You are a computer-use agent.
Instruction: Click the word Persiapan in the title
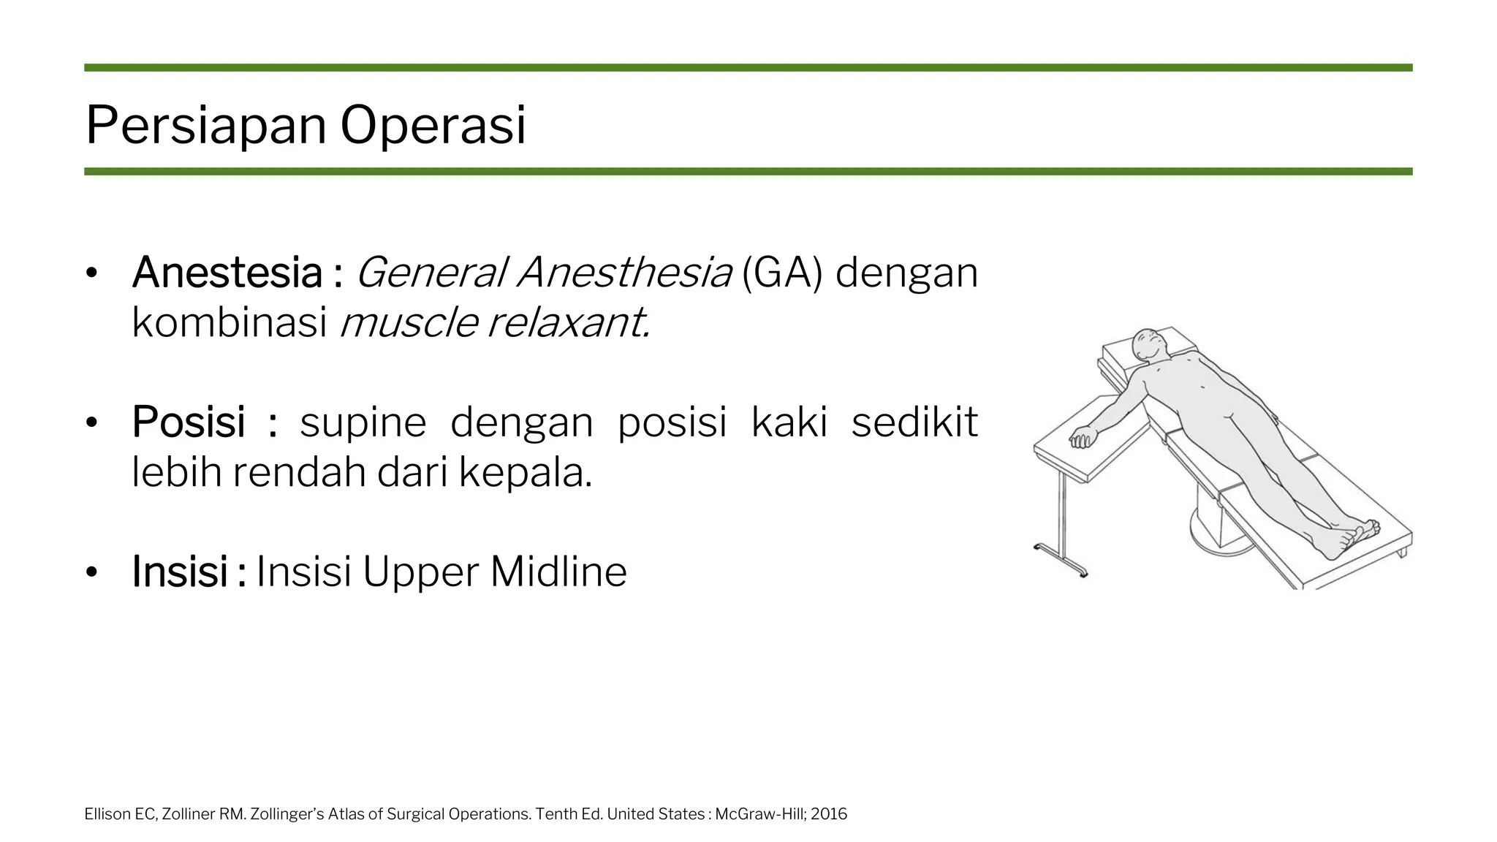[x=207, y=126]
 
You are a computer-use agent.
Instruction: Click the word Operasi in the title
[x=433, y=126]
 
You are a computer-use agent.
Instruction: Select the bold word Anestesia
[x=227, y=273]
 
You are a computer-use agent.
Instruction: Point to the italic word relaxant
[x=569, y=322]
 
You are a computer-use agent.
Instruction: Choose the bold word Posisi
[x=189, y=422]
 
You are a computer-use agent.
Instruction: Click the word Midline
[x=558, y=572]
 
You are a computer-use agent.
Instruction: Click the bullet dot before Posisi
[x=91, y=422]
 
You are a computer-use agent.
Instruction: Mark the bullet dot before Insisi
[x=91, y=572]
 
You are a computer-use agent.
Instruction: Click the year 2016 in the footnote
[x=829, y=814]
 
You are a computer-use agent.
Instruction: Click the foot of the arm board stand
[x=1061, y=560]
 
